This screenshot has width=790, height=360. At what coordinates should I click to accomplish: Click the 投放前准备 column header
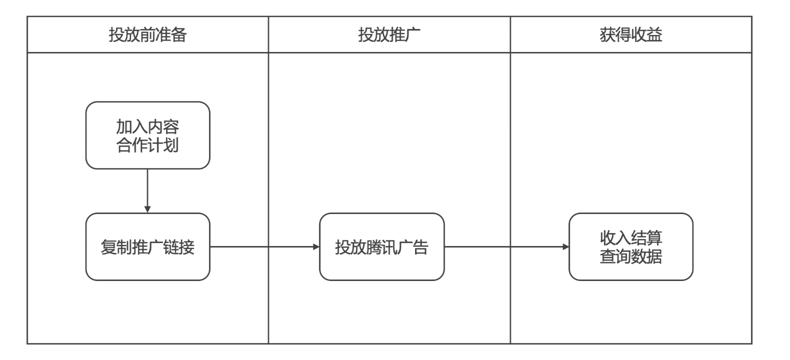click(x=147, y=34)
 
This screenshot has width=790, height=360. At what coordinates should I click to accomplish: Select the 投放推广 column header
click(x=389, y=34)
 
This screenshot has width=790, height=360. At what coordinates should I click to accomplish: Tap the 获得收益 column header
click(x=631, y=34)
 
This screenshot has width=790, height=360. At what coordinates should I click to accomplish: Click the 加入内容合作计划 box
click(x=147, y=135)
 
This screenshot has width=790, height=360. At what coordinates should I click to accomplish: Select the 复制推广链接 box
click(x=147, y=246)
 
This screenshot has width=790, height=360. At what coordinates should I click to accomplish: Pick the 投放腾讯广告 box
click(x=381, y=246)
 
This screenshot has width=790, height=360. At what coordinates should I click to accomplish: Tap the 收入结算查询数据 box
click(x=631, y=246)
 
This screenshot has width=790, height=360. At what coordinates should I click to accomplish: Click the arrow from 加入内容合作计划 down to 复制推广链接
click(x=147, y=190)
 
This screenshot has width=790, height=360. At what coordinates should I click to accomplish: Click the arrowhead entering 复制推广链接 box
click(x=147, y=209)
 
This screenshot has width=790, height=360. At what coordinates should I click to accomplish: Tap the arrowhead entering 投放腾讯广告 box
click(x=316, y=246)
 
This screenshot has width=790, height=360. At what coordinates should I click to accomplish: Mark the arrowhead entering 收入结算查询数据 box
click(x=565, y=246)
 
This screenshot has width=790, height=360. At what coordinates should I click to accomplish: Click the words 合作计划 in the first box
click(x=147, y=145)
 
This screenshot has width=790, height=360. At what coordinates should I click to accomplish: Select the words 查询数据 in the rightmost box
click(x=631, y=256)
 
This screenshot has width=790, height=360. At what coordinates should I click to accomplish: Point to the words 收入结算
click(x=631, y=237)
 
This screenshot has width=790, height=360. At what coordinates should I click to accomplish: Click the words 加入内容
click(x=147, y=126)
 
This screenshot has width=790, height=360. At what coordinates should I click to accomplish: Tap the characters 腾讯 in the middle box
click(x=381, y=247)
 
